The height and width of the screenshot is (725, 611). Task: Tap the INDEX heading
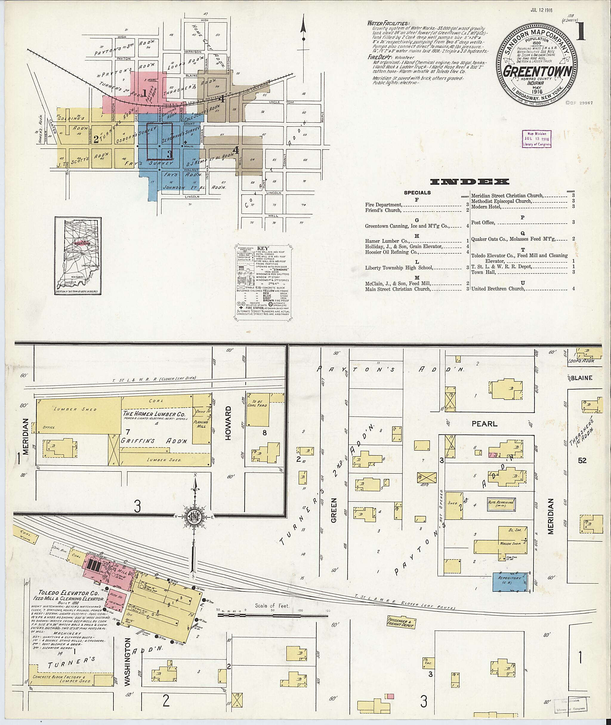tap(469, 181)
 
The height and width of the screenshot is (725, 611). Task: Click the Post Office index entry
tap(483, 222)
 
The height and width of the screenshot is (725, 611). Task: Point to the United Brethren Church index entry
tap(498, 289)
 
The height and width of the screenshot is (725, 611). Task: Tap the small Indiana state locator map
tap(78, 256)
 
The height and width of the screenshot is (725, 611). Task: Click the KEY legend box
tap(263, 281)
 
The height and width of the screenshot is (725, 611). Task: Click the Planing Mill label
tap(201, 424)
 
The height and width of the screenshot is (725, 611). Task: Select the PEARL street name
tap(484, 424)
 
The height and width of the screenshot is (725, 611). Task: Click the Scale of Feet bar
tap(273, 615)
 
